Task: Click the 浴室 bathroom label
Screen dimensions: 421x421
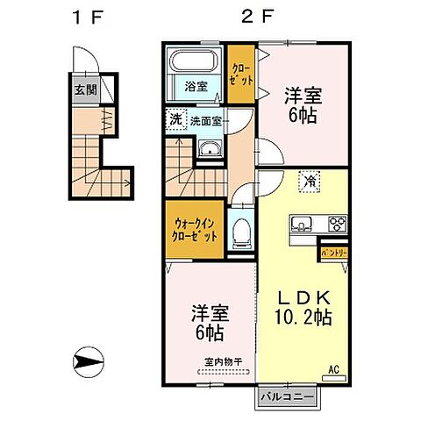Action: pyautogui.click(x=195, y=86)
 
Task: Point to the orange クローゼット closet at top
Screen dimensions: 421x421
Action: pyautogui.click(x=239, y=73)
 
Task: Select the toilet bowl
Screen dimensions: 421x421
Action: pyautogui.click(x=243, y=232)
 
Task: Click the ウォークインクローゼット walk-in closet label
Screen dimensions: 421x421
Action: pyautogui.click(x=192, y=229)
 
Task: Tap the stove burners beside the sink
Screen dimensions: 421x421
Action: pyautogui.click(x=337, y=223)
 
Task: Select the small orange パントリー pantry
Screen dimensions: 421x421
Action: pyautogui.click(x=332, y=252)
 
